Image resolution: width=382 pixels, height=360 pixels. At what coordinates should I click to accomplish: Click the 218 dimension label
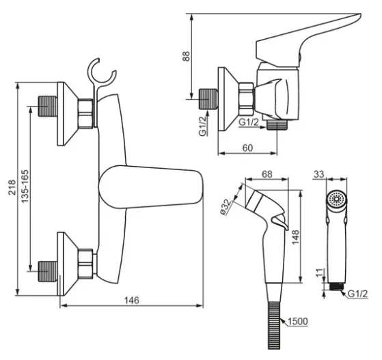pos(12,187)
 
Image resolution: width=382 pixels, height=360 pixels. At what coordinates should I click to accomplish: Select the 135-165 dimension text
pos(25,186)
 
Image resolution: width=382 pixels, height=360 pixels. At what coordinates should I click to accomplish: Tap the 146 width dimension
pos(132,300)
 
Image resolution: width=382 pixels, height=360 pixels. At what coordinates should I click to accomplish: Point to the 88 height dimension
pos(187,56)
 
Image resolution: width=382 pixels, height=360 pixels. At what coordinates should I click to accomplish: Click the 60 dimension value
pos(248,148)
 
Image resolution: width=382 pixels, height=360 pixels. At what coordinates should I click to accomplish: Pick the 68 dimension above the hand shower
pos(267,174)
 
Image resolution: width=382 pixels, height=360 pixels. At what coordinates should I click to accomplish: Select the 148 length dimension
pos(295,237)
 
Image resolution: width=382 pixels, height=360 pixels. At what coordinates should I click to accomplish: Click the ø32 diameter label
pos(226,207)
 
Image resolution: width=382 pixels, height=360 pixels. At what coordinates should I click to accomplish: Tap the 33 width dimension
pos(319,174)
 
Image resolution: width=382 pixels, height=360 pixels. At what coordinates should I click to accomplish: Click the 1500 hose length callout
pos(298,322)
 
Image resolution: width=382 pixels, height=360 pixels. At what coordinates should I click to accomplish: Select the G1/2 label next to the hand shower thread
pos(357,294)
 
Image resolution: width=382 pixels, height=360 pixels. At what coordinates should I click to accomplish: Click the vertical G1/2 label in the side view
pos(203,126)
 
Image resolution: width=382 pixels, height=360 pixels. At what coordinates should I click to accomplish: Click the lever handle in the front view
pos(151,187)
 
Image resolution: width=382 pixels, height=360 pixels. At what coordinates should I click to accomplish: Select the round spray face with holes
pos(337,199)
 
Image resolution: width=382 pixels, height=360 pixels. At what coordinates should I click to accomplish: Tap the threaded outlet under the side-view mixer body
pos(277,125)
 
